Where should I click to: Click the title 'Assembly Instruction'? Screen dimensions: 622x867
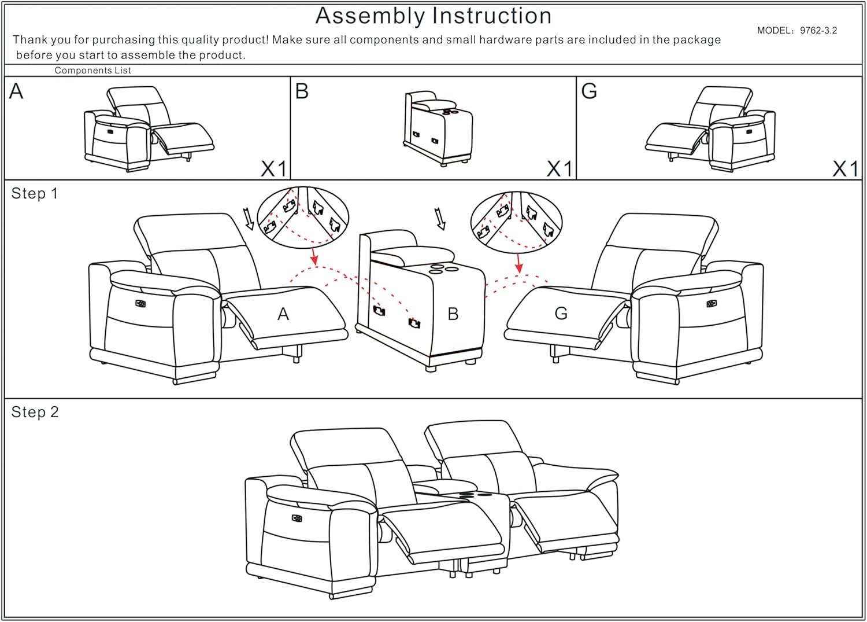(x=433, y=16)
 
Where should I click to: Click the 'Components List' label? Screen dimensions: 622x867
(x=92, y=71)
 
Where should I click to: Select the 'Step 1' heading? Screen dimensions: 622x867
(x=35, y=193)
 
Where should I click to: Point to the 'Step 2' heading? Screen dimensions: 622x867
(x=35, y=412)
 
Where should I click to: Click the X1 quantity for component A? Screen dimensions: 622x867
(x=273, y=169)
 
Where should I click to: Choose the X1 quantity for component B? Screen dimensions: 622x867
(x=559, y=169)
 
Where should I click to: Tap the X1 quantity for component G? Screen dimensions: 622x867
(x=846, y=169)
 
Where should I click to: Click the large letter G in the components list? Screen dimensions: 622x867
(x=589, y=91)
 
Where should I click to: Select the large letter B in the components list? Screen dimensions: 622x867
(x=302, y=91)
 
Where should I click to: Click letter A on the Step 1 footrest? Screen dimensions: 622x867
(x=283, y=314)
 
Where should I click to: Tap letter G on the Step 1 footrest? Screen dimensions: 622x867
(x=561, y=313)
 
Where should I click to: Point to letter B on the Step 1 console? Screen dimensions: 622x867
(x=453, y=314)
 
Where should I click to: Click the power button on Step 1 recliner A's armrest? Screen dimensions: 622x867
(x=140, y=303)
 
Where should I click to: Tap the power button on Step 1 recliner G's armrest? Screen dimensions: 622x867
(x=711, y=303)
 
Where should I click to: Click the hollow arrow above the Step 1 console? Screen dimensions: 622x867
(x=440, y=220)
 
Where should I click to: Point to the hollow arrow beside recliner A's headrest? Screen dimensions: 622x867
(x=250, y=220)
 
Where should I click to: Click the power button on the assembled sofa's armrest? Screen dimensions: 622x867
(x=298, y=518)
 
